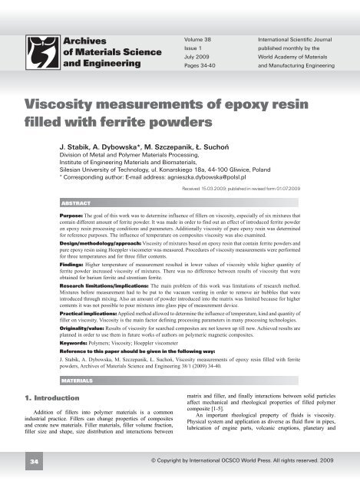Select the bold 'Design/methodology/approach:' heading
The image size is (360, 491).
coord(106,252)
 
